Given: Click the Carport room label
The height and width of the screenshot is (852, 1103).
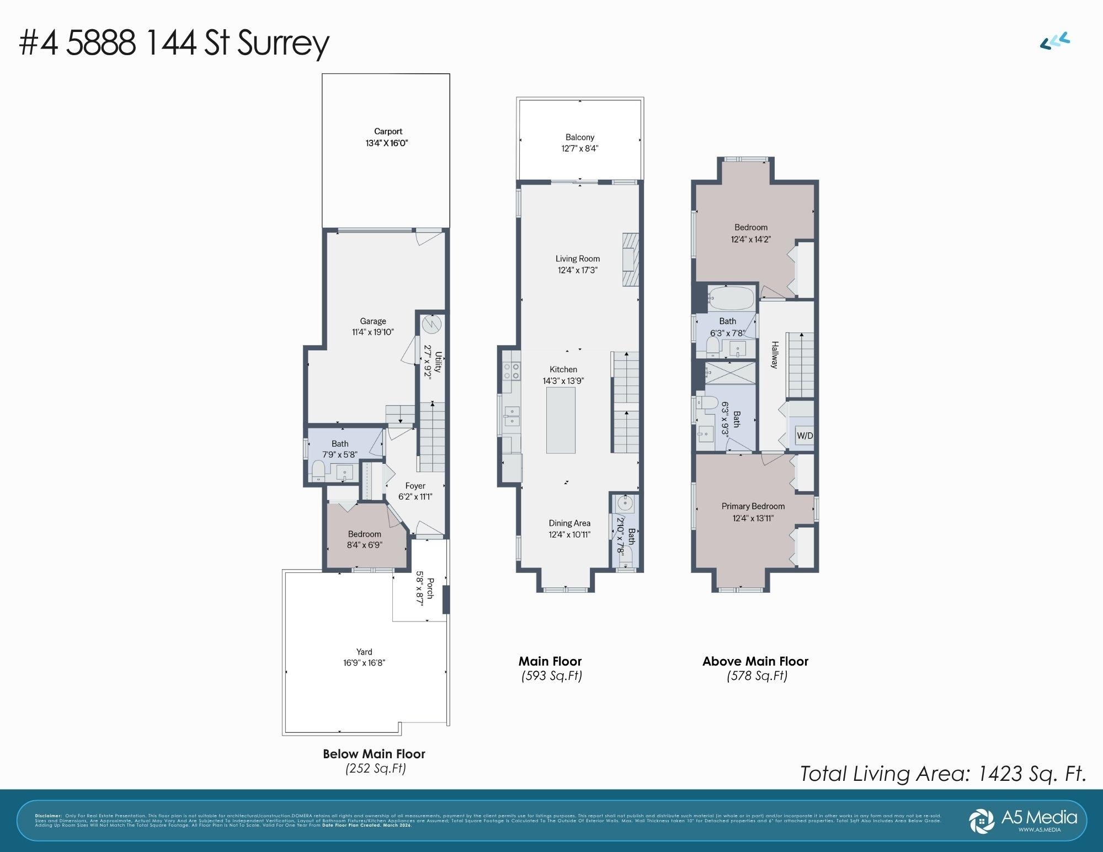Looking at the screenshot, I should (x=388, y=131).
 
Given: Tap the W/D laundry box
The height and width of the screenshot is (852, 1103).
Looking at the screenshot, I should (x=804, y=436).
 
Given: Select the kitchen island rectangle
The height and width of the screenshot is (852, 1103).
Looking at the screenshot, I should (x=561, y=420).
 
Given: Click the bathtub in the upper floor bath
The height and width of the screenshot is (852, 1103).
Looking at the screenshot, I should (x=731, y=298).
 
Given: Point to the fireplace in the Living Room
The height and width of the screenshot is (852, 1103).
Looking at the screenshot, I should (x=630, y=259).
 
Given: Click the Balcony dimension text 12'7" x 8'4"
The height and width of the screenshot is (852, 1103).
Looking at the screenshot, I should (x=580, y=148).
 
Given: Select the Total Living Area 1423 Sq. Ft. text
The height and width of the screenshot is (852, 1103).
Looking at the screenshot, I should (x=943, y=774).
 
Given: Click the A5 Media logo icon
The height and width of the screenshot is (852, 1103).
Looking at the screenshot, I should (x=982, y=821).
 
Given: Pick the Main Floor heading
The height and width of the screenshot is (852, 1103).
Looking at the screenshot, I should (x=550, y=661).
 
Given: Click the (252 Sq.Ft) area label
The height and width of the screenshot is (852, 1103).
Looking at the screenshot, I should (x=375, y=768).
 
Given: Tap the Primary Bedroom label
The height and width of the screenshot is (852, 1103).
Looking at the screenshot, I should (x=753, y=506).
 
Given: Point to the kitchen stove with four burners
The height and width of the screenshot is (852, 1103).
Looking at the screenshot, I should (x=511, y=371).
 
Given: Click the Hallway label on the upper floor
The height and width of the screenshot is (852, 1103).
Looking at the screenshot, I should (x=775, y=355).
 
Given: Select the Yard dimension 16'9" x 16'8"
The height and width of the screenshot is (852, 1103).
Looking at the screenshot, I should (x=364, y=663).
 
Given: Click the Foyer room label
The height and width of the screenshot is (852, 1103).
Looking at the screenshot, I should (x=415, y=486).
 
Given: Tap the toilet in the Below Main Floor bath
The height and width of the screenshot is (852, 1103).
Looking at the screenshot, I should (x=318, y=471).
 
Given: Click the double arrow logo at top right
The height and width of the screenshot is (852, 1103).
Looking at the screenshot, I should (x=1055, y=41).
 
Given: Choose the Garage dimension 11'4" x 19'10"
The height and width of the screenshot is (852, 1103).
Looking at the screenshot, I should (x=373, y=332).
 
